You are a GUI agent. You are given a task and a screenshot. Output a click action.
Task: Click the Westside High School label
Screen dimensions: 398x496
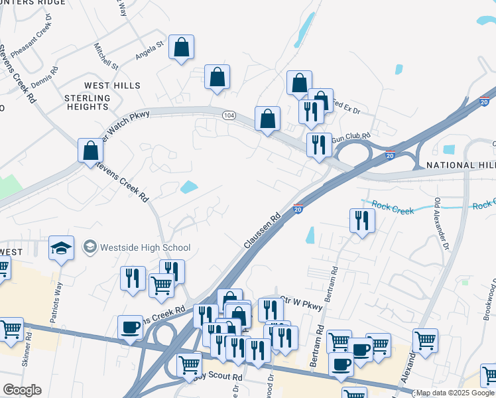(x=145, y=247)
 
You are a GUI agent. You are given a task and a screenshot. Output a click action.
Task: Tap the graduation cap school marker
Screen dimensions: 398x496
(x=60, y=249)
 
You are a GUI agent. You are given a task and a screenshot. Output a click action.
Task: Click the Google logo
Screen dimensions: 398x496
(x=22, y=390)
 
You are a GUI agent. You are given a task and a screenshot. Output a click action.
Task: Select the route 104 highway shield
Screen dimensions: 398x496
(x=229, y=115)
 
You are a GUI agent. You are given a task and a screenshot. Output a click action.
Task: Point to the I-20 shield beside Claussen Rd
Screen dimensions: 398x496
(x=298, y=209)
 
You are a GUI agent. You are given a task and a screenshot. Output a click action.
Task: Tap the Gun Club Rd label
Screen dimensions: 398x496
(x=349, y=137)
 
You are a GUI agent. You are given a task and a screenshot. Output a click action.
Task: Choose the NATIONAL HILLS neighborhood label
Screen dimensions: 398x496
(x=460, y=165)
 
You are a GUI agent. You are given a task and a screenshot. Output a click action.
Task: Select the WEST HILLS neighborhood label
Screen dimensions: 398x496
(x=112, y=86)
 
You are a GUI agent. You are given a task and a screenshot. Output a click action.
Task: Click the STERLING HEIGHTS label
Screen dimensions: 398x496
(x=86, y=102)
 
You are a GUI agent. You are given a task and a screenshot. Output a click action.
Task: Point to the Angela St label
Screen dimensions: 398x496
(x=149, y=50)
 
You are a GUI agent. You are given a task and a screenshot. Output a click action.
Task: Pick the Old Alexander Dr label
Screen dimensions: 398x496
(x=441, y=224)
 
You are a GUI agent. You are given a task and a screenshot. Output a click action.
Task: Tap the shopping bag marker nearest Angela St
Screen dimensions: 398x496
(x=181, y=48)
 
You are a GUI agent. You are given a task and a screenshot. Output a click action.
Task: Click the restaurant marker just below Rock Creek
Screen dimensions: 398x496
(x=361, y=220)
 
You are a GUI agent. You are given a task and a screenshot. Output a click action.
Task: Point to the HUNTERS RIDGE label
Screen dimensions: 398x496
(x=33, y=3)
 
